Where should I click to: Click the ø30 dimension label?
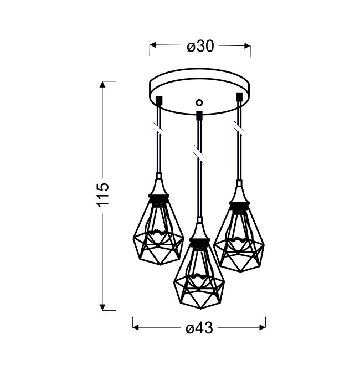pyautogui.click(x=200, y=46)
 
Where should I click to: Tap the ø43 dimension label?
pyautogui.click(x=199, y=328)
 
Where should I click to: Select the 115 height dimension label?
pyautogui.click(x=104, y=195)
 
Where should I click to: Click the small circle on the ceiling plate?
pyautogui.click(x=199, y=102)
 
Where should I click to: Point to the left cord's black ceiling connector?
pyautogui.click(x=159, y=100)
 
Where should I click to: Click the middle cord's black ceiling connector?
pyautogui.click(x=199, y=115)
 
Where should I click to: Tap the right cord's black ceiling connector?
pyautogui.click(x=239, y=96)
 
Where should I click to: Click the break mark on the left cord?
pyautogui.click(x=158, y=130)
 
